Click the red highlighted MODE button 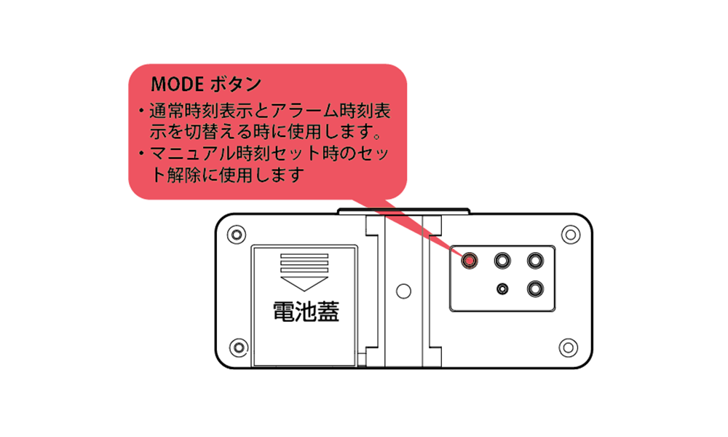[x=469, y=260]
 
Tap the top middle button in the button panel [x=502, y=260]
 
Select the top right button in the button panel [x=535, y=260]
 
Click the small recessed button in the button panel [x=502, y=289]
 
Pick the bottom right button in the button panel [x=535, y=289]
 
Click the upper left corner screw [x=237, y=234]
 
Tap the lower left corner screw [x=239, y=347]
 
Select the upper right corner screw [x=571, y=235]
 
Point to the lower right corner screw [x=569, y=347]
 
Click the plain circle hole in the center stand [x=403, y=291]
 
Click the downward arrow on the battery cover [x=304, y=284]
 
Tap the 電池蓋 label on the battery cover [x=306, y=312]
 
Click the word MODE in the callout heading [x=178, y=84]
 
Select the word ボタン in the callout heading [x=236, y=84]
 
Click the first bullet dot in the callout [x=141, y=111]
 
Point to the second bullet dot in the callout [x=141, y=153]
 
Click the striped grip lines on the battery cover [x=304, y=263]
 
